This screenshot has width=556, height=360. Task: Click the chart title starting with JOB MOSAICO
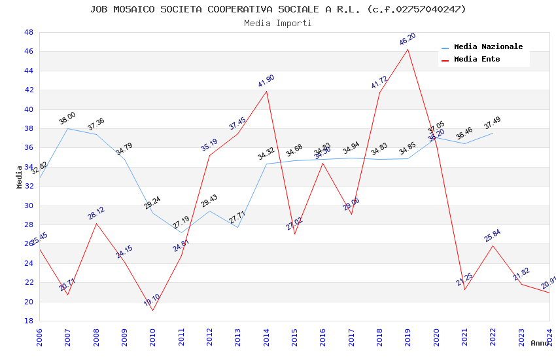point(278,9)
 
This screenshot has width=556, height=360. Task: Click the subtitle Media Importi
point(278,24)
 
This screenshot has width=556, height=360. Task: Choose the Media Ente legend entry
point(477,60)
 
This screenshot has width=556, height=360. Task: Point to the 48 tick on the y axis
point(29,32)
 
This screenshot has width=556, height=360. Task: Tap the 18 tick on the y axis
point(29,321)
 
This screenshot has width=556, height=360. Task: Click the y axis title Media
point(20,177)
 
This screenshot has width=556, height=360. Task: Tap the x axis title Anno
point(540,343)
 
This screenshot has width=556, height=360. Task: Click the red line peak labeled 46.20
point(408,49)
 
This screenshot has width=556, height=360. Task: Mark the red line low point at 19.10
point(152,310)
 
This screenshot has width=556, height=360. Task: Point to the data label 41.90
point(266,81)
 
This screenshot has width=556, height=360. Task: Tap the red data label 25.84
point(493,236)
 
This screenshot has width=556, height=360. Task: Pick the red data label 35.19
point(209,145)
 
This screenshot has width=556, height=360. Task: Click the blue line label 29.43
point(209,201)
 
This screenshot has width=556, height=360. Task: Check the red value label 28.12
point(96,213)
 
